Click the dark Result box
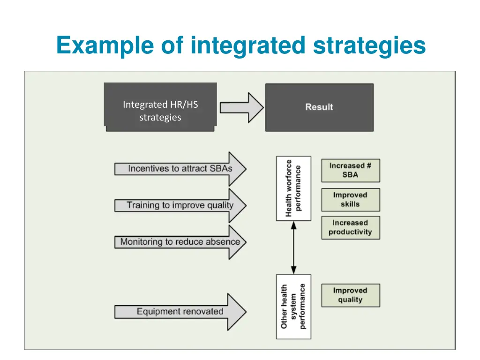[x=319, y=107]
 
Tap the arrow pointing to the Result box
[x=242, y=107]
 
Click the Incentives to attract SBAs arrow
[x=180, y=169]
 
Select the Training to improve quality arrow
[x=180, y=205]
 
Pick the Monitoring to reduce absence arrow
[x=180, y=242]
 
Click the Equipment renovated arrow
[x=180, y=312]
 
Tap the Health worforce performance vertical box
[x=293, y=188]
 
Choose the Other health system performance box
[x=293, y=307]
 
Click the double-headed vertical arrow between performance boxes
[x=293, y=247]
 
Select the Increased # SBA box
[x=350, y=170]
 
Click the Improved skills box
[x=350, y=200]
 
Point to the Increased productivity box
[x=350, y=227]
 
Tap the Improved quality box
[x=350, y=295]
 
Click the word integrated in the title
[x=247, y=46]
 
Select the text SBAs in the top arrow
[x=221, y=169]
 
